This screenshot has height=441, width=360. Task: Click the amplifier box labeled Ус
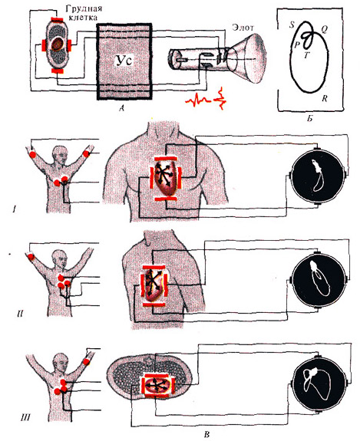(x=124, y=61)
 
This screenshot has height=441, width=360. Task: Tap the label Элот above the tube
(x=243, y=28)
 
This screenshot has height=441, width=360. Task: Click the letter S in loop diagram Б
(x=292, y=25)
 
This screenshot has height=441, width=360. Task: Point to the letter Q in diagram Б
(x=324, y=29)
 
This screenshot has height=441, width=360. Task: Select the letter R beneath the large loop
(x=325, y=98)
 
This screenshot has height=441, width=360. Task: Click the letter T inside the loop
(x=306, y=55)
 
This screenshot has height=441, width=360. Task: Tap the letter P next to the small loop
(x=296, y=45)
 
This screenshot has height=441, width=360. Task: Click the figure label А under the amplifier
(x=121, y=107)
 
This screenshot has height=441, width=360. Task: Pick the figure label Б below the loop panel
(x=309, y=119)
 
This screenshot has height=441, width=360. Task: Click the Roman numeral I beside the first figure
(x=14, y=209)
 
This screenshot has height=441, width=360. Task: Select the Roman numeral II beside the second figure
(x=20, y=314)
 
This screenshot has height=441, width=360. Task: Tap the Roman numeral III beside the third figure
(x=25, y=417)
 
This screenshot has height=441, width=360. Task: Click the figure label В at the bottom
(x=206, y=435)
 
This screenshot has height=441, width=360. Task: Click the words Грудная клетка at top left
(x=84, y=13)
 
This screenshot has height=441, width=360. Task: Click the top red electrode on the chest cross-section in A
(x=57, y=19)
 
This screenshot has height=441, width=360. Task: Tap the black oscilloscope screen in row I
(x=318, y=176)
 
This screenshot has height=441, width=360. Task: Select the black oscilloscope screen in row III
(x=320, y=383)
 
